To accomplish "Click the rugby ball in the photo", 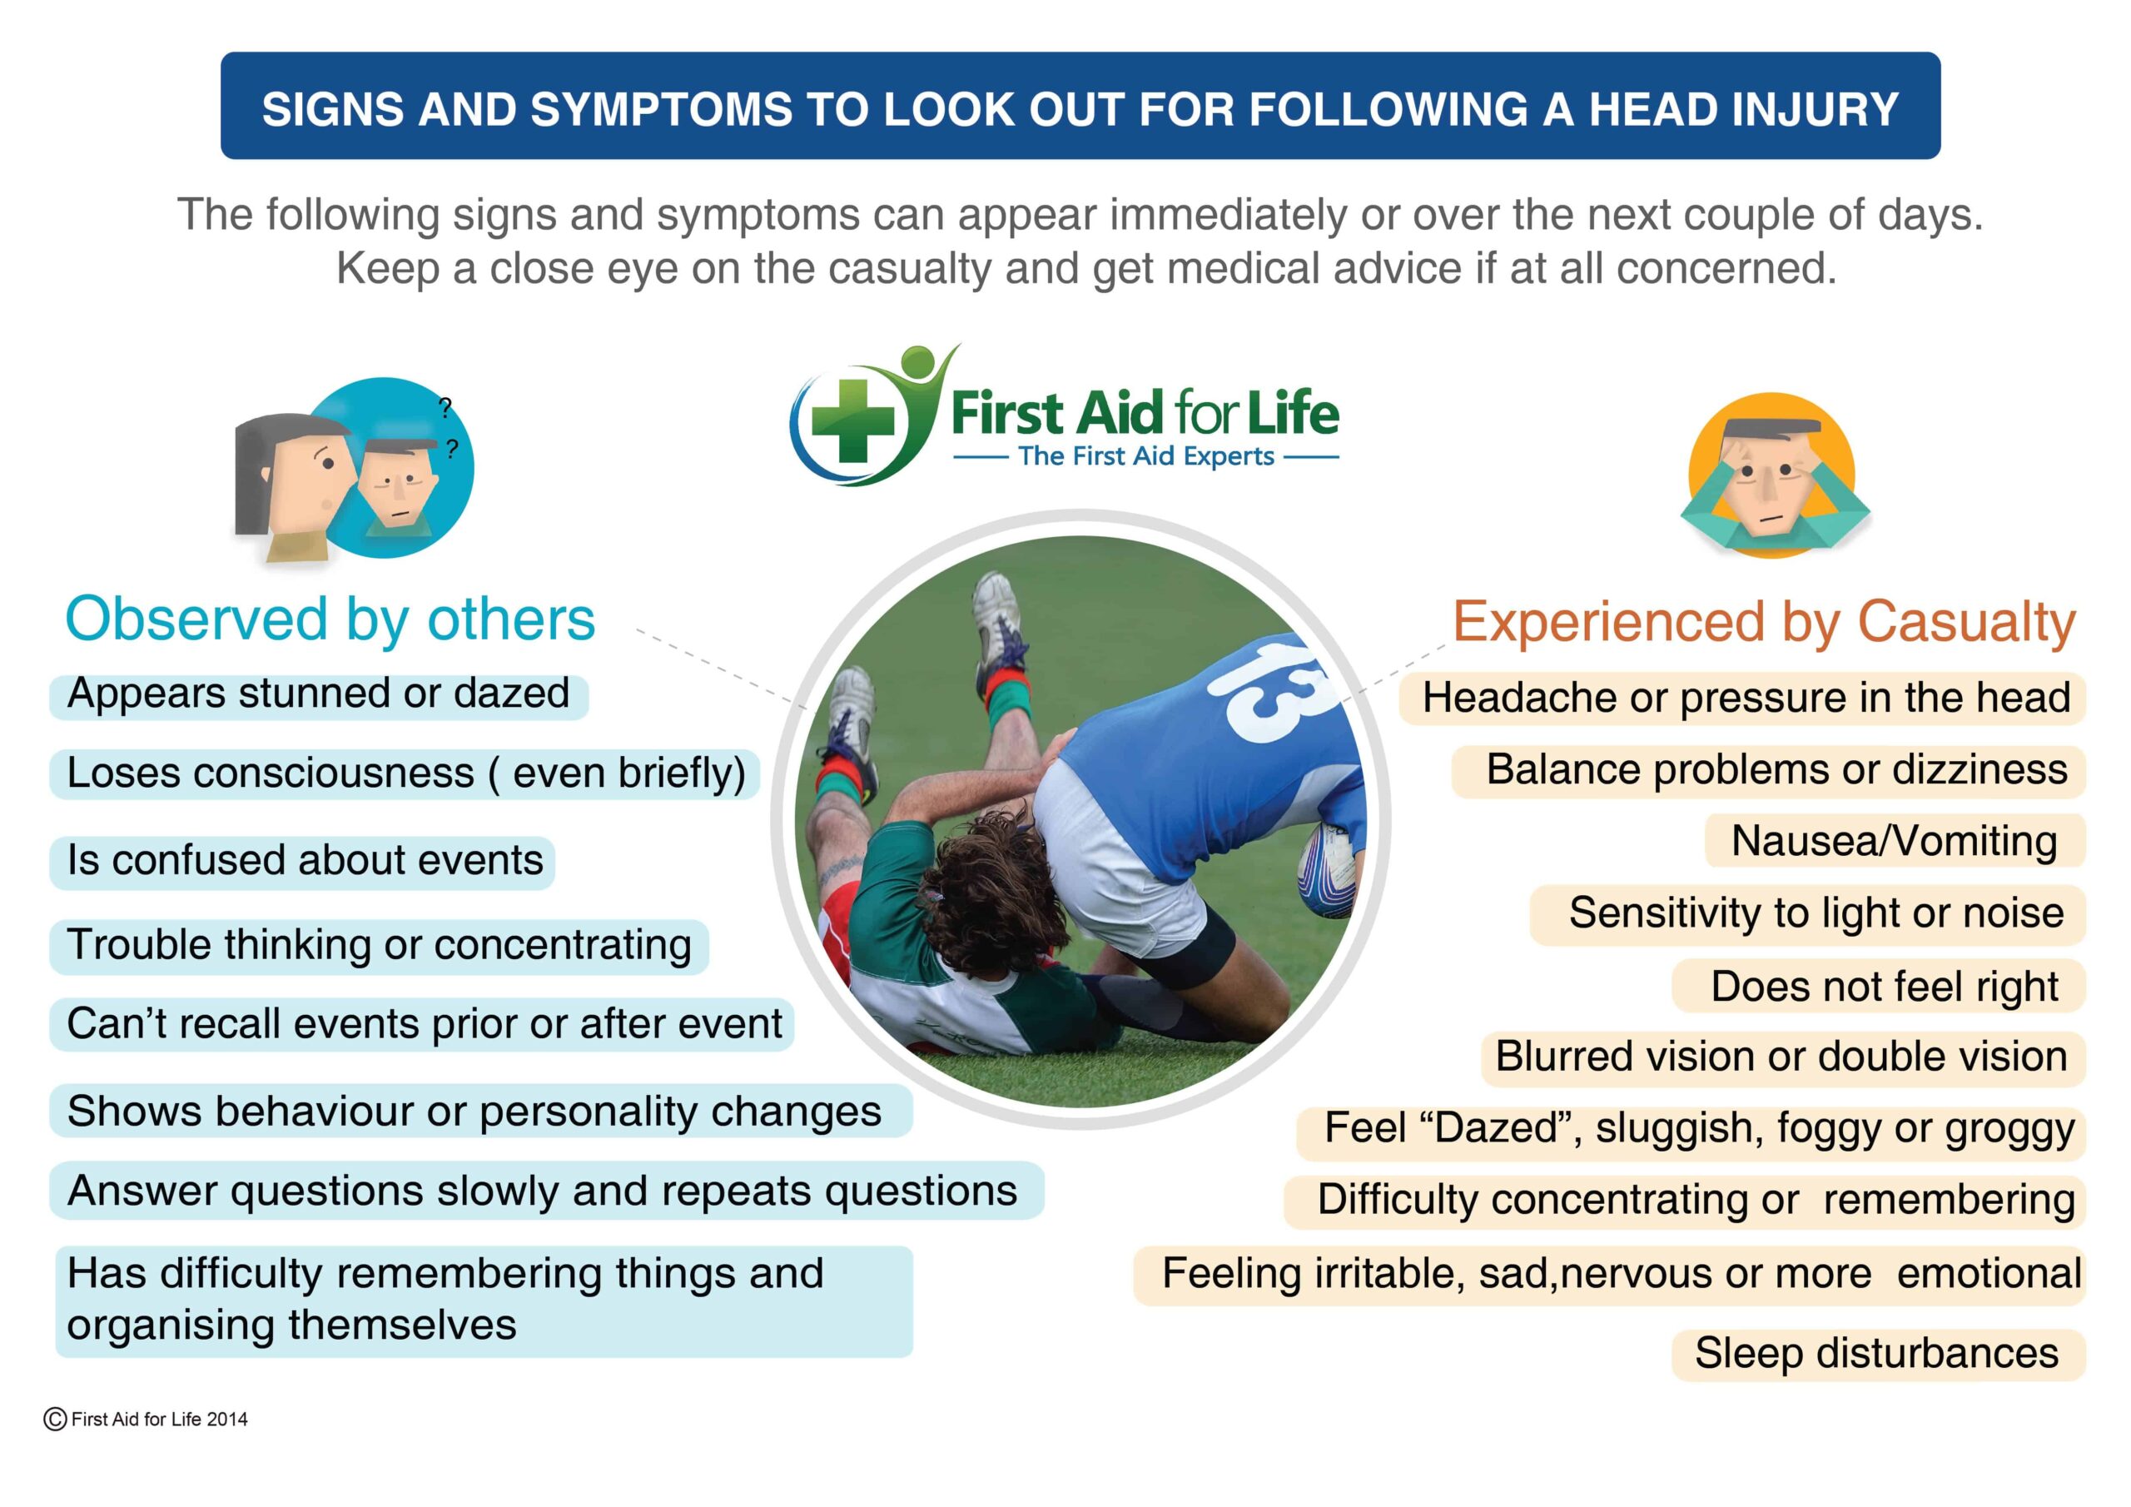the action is point(1327,869).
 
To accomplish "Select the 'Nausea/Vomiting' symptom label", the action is point(1894,841).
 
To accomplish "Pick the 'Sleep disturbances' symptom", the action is point(1876,1353).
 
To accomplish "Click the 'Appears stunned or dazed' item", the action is point(318,694).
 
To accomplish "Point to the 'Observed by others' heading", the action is point(330,619).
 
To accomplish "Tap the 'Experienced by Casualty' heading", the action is point(1763,621).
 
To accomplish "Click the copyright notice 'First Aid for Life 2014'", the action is point(147,1419).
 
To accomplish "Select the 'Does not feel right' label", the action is point(1884,986).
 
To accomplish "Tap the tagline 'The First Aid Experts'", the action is point(1146,456).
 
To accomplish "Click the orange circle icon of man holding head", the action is point(1773,475).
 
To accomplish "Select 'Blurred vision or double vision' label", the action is point(1782,1057).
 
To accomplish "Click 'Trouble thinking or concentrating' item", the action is point(380,946).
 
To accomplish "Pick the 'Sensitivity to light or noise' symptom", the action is point(1816,913).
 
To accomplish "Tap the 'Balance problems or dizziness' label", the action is point(1776,771).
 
